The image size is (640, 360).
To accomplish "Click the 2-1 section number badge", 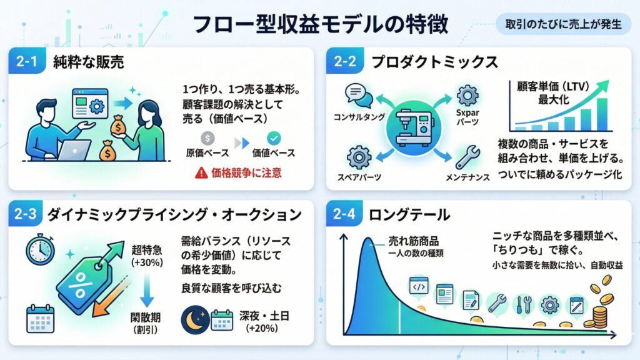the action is [27, 61].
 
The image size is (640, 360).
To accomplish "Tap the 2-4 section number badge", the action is [344, 214].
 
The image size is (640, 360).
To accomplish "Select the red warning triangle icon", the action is [201, 173].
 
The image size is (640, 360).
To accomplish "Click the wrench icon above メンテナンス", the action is [467, 157].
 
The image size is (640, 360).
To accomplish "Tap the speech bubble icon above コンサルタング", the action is [358, 96].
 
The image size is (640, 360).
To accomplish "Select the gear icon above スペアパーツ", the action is [359, 157].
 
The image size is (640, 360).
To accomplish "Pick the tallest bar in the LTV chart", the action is [602, 114].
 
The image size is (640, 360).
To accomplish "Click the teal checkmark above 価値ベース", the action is [274, 138].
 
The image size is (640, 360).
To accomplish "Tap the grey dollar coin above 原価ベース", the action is [207, 138].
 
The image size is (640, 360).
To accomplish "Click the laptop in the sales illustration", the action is [74, 150].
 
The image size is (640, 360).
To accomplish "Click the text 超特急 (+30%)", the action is [147, 256].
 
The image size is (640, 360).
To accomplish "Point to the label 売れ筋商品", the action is [413, 241].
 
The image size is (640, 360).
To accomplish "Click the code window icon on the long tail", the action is [419, 286].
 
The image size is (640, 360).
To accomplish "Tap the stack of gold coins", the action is [599, 317].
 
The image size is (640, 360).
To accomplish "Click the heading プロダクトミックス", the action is [435, 62].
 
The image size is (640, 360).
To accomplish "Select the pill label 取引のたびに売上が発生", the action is [563, 24].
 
